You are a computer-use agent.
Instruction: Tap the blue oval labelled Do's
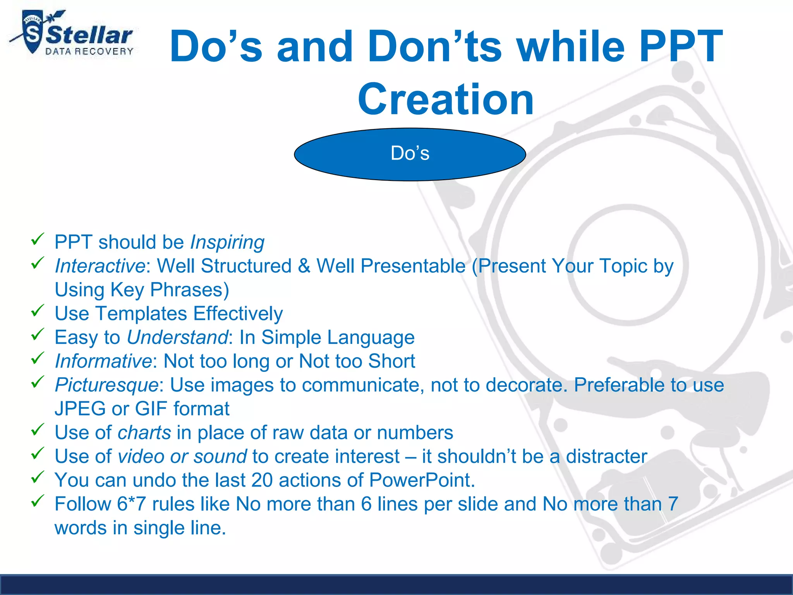point(410,154)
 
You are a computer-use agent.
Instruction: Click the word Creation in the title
point(446,100)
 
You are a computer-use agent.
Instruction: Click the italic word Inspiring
point(227,242)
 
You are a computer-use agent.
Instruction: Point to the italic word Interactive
point(100,266)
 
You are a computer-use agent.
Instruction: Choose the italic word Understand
point(177,337)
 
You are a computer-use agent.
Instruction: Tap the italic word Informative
point(103,361)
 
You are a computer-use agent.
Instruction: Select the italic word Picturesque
point(106,385)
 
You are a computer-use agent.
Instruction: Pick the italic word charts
point(144,433)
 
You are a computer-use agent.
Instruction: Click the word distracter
point(606,457)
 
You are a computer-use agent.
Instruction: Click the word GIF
point(151,409)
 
